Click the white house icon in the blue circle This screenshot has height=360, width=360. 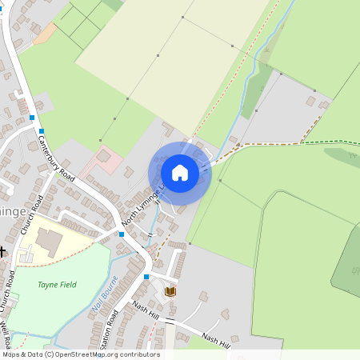coord(180,172)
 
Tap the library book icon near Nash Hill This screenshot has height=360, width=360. coord(170,291)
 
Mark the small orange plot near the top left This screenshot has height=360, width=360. coord(46,33)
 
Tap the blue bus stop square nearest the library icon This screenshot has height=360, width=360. coord(146,277)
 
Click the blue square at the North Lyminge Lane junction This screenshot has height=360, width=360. coord(121,234)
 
